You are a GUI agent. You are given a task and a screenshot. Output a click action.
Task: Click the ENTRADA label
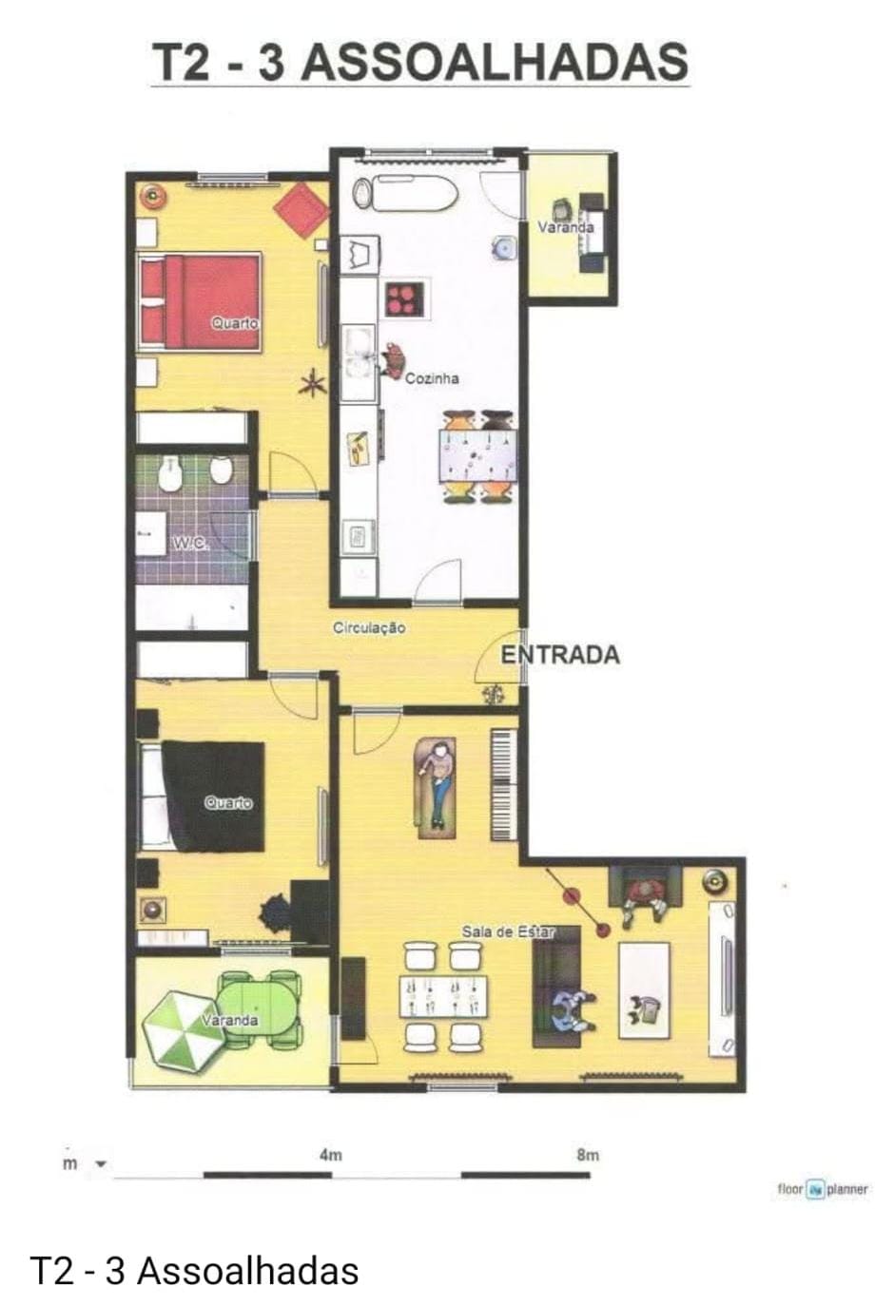560,655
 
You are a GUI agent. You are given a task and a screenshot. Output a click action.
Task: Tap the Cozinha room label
432,378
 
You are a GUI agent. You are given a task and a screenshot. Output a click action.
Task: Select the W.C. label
189,543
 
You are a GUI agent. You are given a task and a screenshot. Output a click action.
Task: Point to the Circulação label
369,628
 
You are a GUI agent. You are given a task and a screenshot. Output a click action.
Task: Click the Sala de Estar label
508,931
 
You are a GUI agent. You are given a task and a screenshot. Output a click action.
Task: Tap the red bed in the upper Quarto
200,301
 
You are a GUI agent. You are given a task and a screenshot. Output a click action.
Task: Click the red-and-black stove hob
404,298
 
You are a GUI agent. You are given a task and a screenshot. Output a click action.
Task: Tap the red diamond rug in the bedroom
301,211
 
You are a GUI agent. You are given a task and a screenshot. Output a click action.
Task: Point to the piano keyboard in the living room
503,785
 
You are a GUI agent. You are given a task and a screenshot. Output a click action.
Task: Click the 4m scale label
330,1156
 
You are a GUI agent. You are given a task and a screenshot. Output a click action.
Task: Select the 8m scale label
588,1156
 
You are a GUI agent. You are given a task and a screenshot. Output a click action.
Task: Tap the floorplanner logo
823,1189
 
